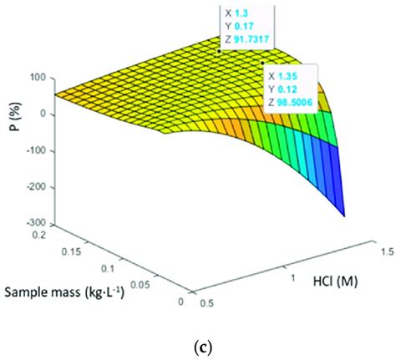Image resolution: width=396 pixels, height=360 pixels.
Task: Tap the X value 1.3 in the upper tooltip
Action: point(250,14)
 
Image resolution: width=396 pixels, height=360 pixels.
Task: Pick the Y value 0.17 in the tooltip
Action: point(253,28)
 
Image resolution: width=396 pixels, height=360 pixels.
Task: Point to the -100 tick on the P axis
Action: point(32,151)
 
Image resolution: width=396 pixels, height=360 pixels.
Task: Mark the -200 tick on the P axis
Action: point(32,188)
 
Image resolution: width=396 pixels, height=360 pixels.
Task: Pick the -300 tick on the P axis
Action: point(32,224)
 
